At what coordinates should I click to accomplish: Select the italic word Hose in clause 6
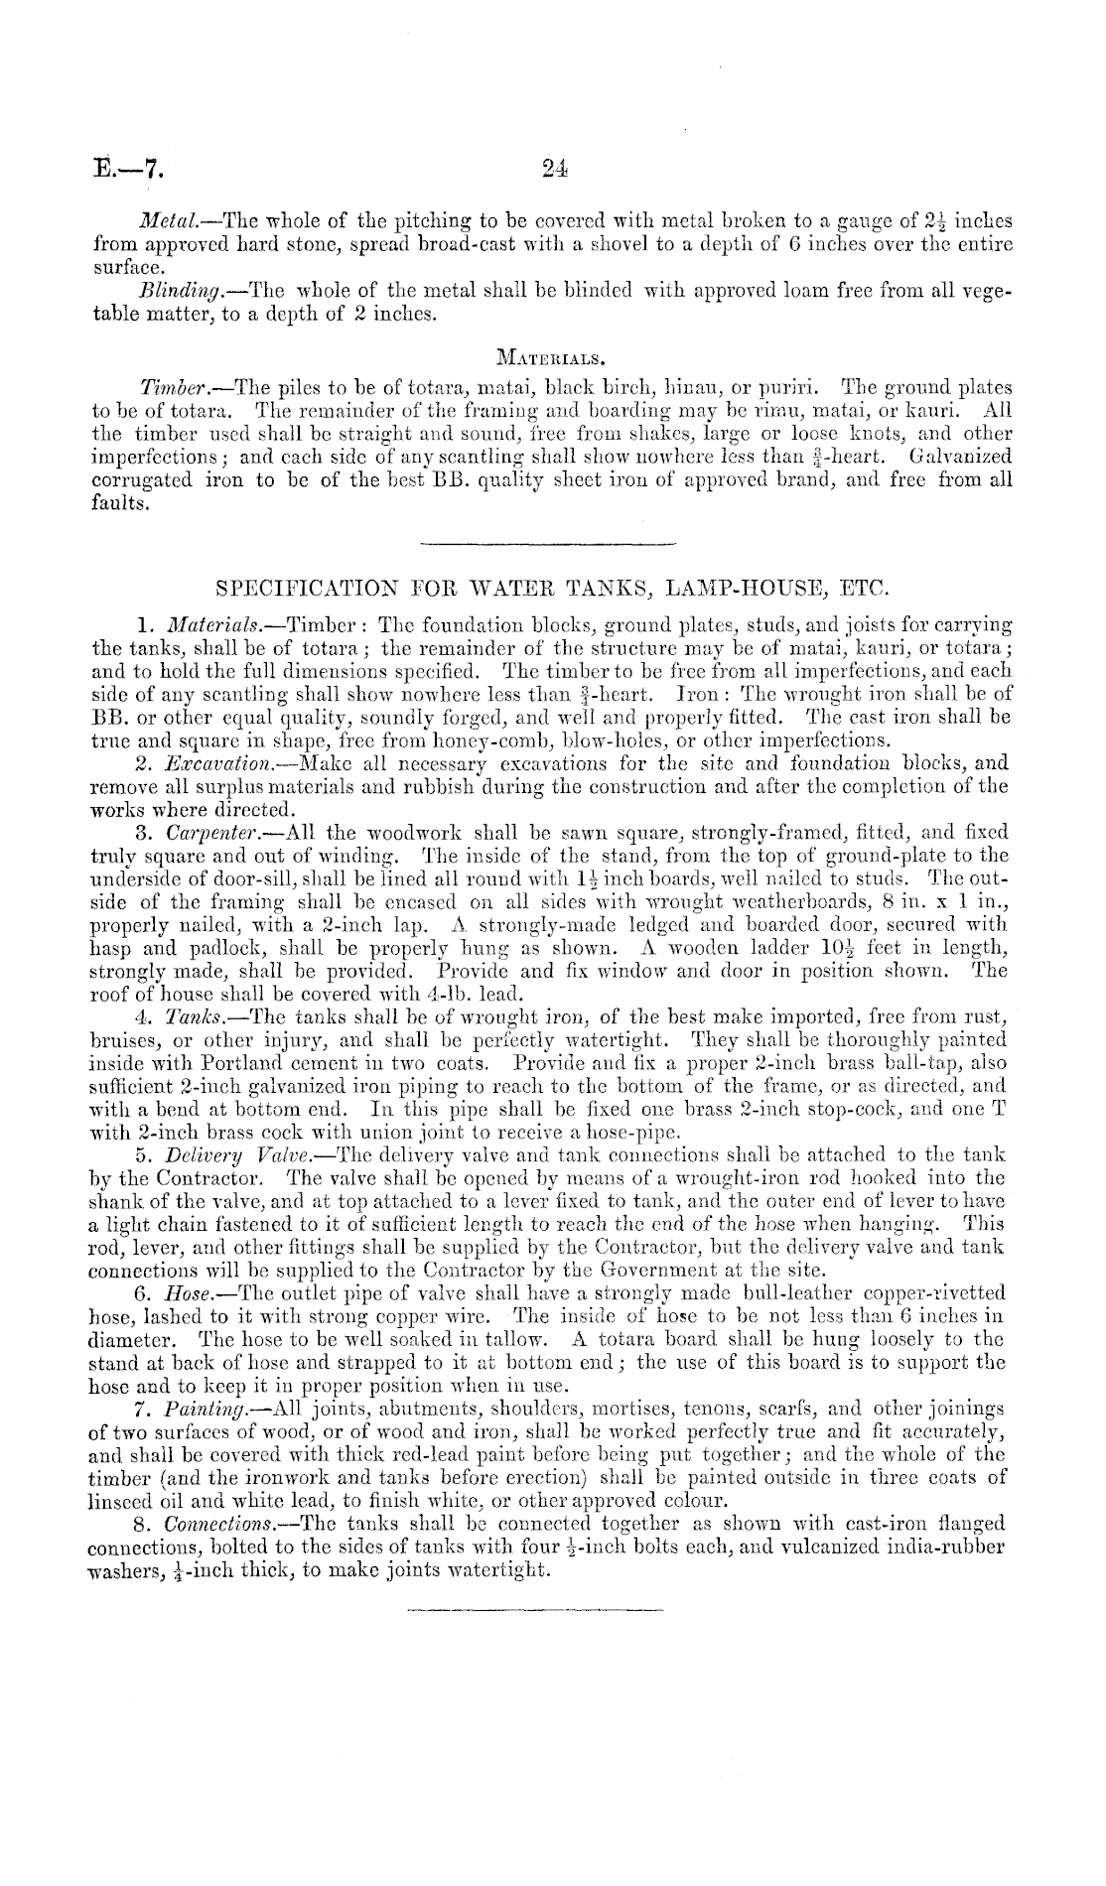point(182,1293)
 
